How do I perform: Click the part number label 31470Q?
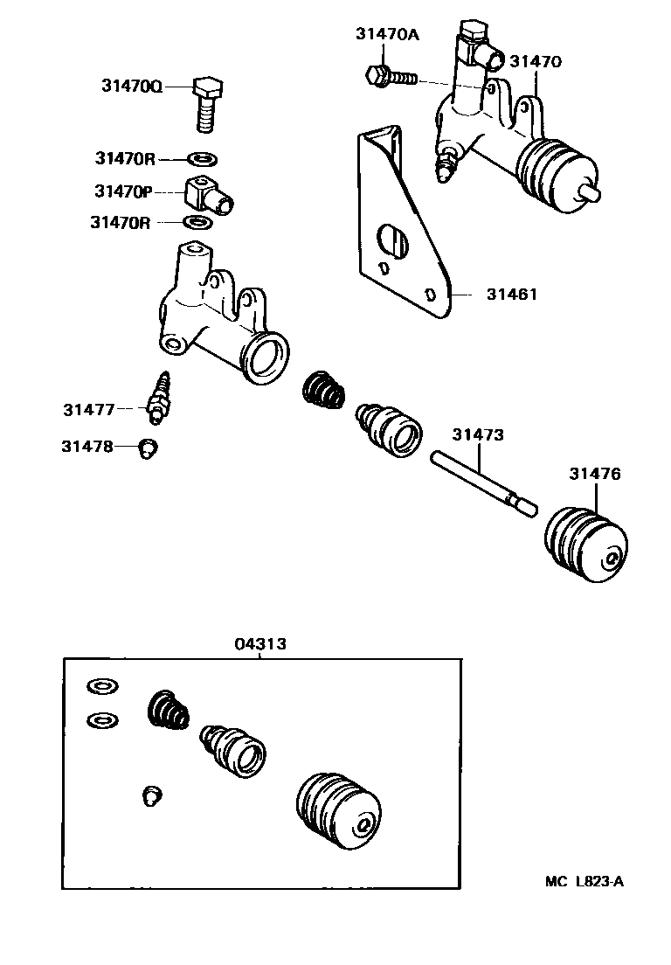tap(132, 86)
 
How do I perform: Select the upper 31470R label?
tap(125, 159)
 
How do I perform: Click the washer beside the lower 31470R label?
tap(198, 221)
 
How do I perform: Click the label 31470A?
tap(387, 34)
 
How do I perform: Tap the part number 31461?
tap(512, 295)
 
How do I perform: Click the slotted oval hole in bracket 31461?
tap(392, 240)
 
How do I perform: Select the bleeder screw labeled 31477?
tap(159, 399)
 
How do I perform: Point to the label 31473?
tap(478, 434)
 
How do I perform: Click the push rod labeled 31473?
tap(483, 483)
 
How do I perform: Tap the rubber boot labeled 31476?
tap(585, 544)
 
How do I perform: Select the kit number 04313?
tap(260, 643)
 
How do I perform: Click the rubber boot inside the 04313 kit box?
tap(338, 811)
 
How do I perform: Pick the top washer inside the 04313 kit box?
tap(102, 685)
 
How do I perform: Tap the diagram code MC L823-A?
tap(585, 881)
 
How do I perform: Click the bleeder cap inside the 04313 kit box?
tap(152, 795)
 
